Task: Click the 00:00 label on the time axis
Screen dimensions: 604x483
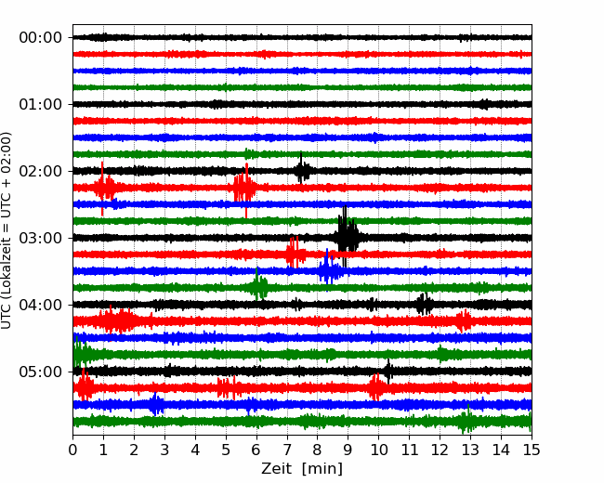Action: (x=41, y=38)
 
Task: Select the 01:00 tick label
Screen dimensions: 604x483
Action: (x=41, y=104)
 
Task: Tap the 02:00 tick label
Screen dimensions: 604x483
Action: (x=41, y=171)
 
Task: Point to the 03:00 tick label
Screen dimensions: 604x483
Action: (x=41, y=238)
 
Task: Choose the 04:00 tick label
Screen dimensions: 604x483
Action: (x=41, y=305)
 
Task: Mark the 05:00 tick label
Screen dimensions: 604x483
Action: (x=41, y=372)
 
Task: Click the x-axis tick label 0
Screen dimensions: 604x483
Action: (x=72, y=450)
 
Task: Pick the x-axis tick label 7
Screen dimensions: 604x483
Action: (x=287, y=450)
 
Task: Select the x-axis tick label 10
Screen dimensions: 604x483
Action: (x=378, y=450)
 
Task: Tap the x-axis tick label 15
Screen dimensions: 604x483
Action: (x=532, y=450)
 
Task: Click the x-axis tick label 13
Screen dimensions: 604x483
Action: (x=470, y=450)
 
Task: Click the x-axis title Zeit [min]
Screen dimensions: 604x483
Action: (x=302, y=469)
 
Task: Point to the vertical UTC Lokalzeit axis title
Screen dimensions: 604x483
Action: (x=6, y=230)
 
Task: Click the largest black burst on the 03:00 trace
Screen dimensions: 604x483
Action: (x=348, y=236)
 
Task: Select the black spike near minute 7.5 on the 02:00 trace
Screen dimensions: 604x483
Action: (x=302, y=169)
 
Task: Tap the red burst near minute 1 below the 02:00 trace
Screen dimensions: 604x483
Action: (x=104, y=188)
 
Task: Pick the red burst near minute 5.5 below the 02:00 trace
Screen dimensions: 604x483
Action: (x=244, y=189)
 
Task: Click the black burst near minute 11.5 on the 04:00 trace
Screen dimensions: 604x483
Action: (x=424, y=304)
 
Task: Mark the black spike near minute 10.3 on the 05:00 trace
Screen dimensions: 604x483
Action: (x=387, y=372)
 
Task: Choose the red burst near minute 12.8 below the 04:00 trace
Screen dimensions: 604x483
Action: (x=463, y=320)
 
